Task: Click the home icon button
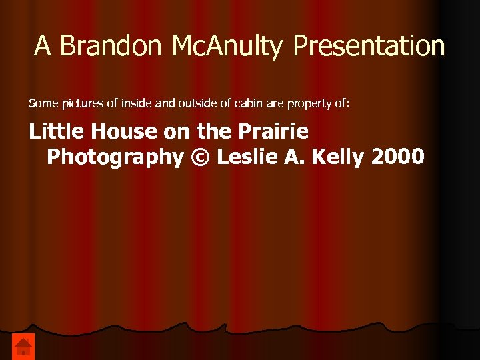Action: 23,346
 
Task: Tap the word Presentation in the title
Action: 369,46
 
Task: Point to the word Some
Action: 41,103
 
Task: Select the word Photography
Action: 115,157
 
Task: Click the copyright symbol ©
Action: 199,157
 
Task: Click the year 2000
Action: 398,157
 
